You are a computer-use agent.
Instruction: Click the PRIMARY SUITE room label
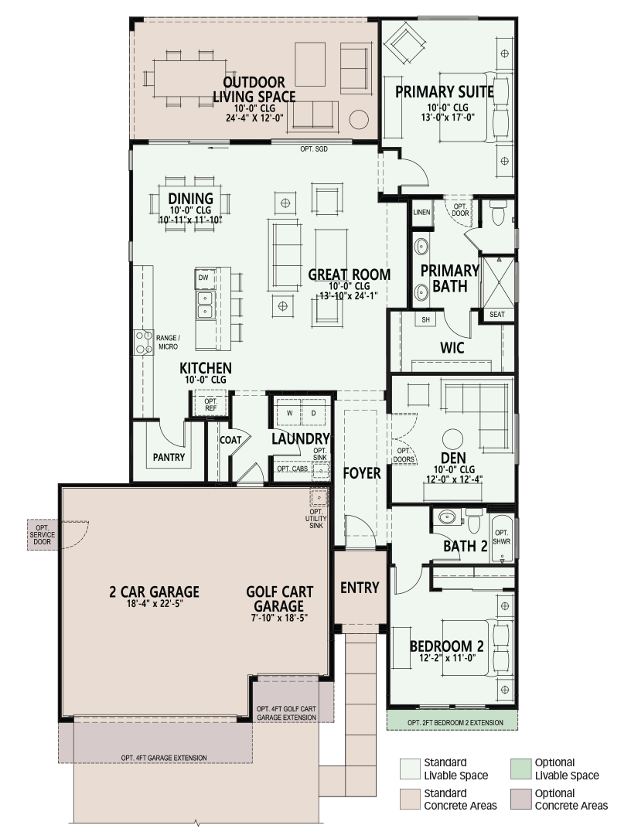click(x=444, y=92)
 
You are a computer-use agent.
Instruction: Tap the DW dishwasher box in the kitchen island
click(x=204, y=278)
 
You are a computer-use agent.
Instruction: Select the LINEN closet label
click(x=421, y=212)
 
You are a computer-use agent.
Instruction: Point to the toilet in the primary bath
click(x=498, y=213)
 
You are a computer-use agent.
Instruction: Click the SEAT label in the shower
click(x=497, y=315)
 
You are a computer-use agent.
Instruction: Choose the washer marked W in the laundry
click(x=289, y=412)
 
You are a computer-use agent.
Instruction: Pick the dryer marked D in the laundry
click(x=314, y=412)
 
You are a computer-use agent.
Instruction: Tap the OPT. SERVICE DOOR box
click(x=43, y=535)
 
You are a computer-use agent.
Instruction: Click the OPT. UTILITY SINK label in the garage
click(x=316, y=518)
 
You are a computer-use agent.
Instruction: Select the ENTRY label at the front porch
click(x=360, y=588)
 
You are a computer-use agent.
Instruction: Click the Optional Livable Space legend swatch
click(x=520, y=769)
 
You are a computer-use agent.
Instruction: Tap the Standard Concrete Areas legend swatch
click(x=410, y=800)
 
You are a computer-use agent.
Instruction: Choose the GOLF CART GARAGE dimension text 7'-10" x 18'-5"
click(x=280, y=618)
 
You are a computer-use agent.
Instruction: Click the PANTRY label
click(x=169, y=457)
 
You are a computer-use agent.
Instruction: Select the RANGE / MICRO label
click(x=169, y=343)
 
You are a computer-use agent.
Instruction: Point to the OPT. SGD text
click(x=314, y=149)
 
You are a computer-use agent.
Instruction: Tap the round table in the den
click(x=452, y=440)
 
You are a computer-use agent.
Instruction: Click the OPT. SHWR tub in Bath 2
click(x=502, y=537)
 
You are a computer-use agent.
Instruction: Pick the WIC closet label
click(x=452, y=348)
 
